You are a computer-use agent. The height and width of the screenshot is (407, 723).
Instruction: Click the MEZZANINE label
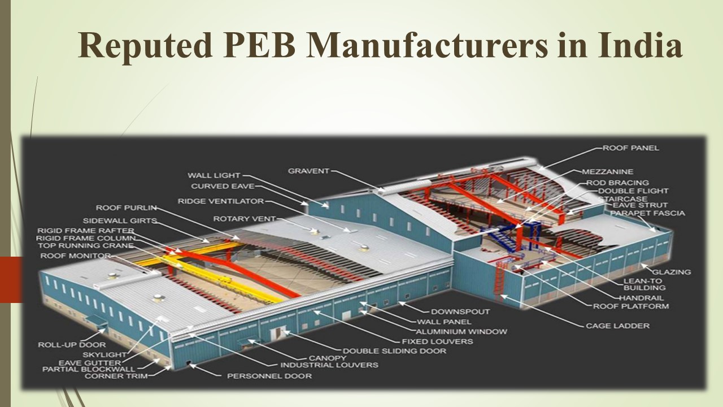point(607,171)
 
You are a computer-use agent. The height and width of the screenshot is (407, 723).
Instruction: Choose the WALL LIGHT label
point(214,175)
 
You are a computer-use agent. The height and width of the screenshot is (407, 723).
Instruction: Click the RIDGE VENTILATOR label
point(220,201)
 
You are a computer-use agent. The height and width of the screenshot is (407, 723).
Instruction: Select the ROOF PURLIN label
point(125,208)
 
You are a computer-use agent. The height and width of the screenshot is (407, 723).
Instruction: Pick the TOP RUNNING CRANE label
point(85,246)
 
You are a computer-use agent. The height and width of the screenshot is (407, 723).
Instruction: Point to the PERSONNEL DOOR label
point(269,375)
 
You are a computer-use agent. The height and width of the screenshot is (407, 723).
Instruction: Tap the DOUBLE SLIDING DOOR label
point(394,350)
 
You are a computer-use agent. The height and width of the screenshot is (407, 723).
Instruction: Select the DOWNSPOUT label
point(460,311)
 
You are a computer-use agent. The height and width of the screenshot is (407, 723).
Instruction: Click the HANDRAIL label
point(641,297)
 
